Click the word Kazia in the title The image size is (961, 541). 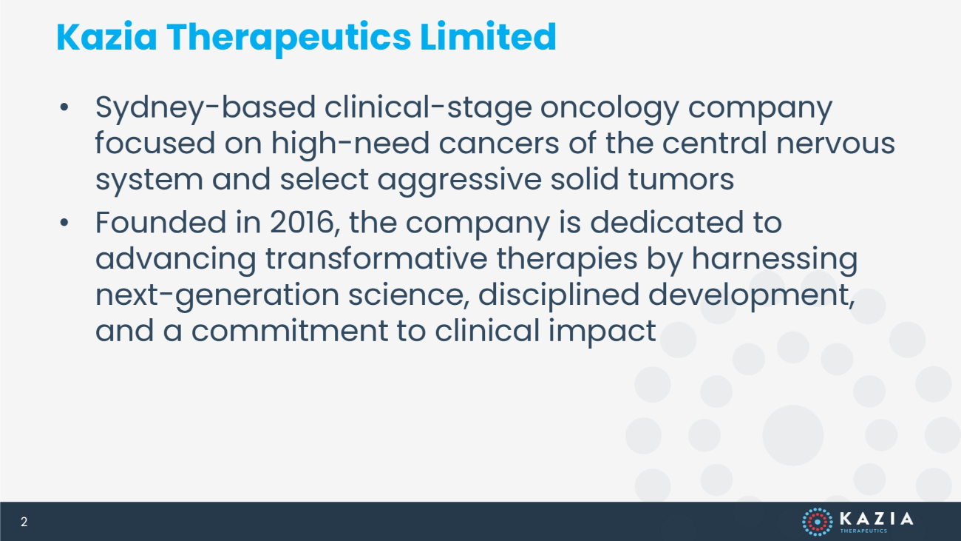pyautogui.click(x=106, y=37)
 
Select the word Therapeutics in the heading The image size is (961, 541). pyautogui.click(x=289, y=38)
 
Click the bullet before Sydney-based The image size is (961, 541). pyautogui.click(x=64, y=107)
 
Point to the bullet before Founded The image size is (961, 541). pyautogui.click(x=64, y=223)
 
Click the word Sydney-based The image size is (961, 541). pyautogui.click(x=206, y=108)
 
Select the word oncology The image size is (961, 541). pyautogui.click(x=609, y=109)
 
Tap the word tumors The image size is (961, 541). pyautogui.click(x=681, y=180)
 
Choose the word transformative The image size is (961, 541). pyautogui.click(x=376, y=258)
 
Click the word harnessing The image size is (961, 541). pyautogui.click(x=775, y=260)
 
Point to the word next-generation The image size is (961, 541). pyautogui.click(x=217, y=296)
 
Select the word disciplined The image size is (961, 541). pyautogui.click(x=559, y=296)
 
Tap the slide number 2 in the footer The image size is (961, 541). pyautogui.click(x=24, y=522)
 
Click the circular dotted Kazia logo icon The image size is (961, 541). pyautogui.click(x=818, y=522)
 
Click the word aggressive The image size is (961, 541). pyautogui.click(x=460, y=181)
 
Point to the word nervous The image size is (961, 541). pyautogui.click(x=836, y=144)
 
